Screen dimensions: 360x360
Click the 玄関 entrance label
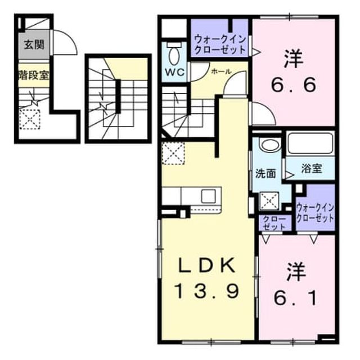tap(34, 44)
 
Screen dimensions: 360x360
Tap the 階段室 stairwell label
tap(34, 75)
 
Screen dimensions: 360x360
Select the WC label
tap(175, 73)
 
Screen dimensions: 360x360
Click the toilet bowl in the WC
tap(174, 56)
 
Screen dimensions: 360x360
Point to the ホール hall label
tap(221, 71)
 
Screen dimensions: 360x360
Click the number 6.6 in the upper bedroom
tap(294, 85)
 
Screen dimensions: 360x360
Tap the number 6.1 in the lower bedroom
tap(296, 298)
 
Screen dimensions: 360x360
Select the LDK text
tap(208, 265)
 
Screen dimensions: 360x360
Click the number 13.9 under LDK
tap(208, 290)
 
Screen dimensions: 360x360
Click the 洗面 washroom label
tap(265, 174)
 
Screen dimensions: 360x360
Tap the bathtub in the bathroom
tap(310, 143)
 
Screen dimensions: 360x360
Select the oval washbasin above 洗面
tap(270, 145)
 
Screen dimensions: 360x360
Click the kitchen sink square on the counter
tap(209, 196)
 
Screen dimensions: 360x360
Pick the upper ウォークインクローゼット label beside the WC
tap(220, 44)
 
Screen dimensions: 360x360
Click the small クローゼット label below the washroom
tap(274, 223)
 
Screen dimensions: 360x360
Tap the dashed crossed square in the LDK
tap(173, 153)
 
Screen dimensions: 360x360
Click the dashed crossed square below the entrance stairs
tap(30, 119)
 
